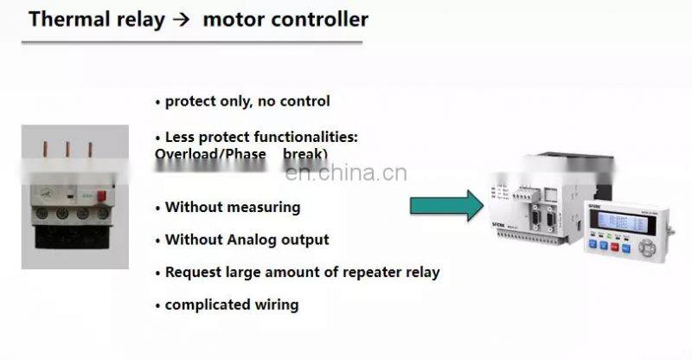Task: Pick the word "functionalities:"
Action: coord(303,138)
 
